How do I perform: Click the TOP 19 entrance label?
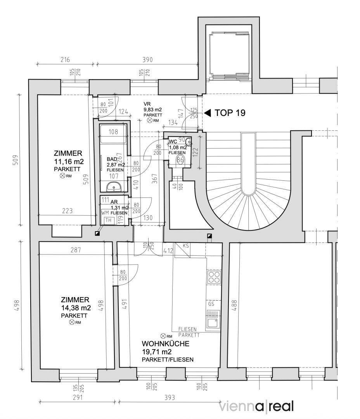[230, 113]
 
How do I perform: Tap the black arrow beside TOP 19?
[208, 113]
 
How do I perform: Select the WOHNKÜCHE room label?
[165, 344]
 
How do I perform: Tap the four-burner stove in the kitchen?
[213, 277]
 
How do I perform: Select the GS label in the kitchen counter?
[211, 304]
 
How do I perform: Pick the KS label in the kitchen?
[186, 246]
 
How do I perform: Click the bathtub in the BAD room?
[113, 132]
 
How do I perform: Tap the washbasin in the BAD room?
[113, 188]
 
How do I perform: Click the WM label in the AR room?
[105, 213]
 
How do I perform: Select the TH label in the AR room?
[109, 220]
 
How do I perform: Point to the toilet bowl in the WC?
[180, 160]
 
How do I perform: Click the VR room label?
[147, 104]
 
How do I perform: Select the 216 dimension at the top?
[65, 60]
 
